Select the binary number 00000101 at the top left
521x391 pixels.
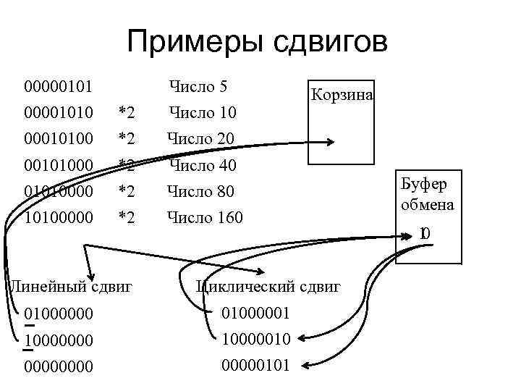[58, 88]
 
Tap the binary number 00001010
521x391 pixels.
[58, 113]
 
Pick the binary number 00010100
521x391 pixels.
[58, 138]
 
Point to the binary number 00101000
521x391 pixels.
[58, 166]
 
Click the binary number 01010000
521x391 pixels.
[58, 192]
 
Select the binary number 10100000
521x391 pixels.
[58, 217]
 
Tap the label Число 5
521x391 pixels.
[198, 87]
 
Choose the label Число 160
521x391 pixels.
[205, 217]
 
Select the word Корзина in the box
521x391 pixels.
[341, 96]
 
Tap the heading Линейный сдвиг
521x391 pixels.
[69, 286]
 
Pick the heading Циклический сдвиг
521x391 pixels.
[268, 286]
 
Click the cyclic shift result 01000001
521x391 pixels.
[257, 313]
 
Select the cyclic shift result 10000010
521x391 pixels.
[257, 339]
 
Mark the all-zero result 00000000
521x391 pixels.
[58, 366]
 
